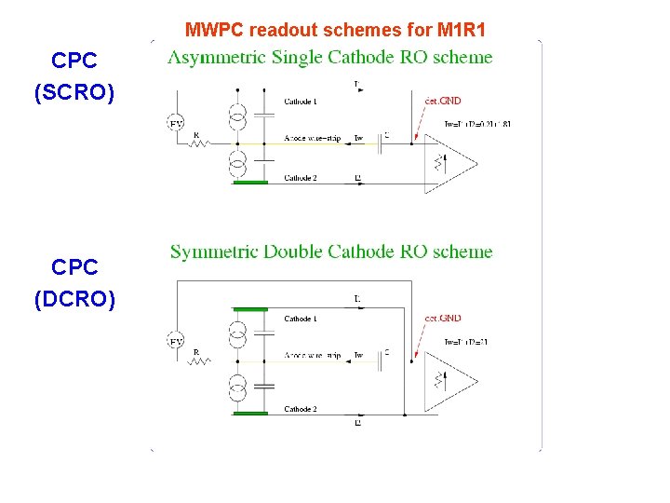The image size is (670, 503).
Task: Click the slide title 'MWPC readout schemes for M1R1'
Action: pos(335,30)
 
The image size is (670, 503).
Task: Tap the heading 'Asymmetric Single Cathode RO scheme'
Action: pos(330,58)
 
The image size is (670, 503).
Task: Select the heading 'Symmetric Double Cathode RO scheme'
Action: pos(331,251)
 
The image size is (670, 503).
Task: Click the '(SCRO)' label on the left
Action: pos(74,93)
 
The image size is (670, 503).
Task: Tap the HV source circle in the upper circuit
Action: pos(176,123)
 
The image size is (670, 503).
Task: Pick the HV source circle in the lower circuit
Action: pos(176,342)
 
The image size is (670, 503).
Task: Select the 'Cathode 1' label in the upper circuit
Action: pos(301,101)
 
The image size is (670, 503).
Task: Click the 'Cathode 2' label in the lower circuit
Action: pos(301,409)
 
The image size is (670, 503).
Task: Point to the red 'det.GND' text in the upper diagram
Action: pos(443,101)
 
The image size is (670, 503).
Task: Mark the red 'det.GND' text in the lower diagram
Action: pos(443,319)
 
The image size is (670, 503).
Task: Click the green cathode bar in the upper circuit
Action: pos(249,183)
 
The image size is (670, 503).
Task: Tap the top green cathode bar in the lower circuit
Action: pos(249,308)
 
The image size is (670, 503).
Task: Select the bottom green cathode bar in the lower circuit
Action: pos(249,415)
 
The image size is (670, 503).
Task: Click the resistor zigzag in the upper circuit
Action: pos(198,143)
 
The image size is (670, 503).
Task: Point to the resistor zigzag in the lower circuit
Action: pos(198,361)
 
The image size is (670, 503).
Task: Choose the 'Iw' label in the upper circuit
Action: pos(359,139)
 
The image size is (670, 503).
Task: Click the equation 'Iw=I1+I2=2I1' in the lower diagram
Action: pos(466,342)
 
